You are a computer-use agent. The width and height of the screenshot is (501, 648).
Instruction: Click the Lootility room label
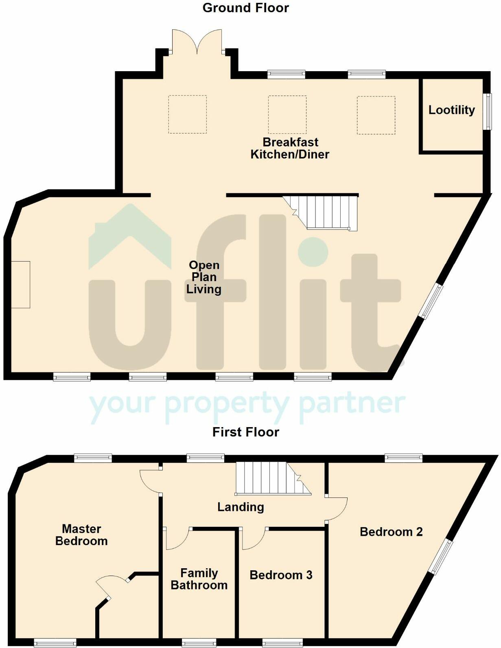coord(451,110)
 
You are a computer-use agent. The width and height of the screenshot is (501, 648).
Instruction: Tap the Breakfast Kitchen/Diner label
coord(290,148)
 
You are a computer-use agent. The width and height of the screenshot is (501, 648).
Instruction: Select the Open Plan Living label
coord(204,277)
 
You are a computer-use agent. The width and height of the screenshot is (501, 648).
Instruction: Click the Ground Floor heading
coord(245,8)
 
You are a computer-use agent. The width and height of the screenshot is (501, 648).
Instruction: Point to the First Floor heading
coord(245,432)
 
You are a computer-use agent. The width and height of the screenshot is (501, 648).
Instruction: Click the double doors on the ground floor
coord(197,42)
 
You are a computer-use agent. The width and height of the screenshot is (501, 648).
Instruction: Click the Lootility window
coord(487,112)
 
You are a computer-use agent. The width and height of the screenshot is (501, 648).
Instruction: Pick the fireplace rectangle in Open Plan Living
coord(20,284)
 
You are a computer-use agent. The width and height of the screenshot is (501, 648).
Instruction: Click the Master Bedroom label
coord(81,535)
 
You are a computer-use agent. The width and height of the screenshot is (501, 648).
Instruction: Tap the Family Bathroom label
coord(199,579)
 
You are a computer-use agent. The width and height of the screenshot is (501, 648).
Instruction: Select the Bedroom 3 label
coord(281,575)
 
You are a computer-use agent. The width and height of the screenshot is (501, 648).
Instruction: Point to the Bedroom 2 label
coord(391,532)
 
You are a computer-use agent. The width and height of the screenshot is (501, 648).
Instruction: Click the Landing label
coord(241,507)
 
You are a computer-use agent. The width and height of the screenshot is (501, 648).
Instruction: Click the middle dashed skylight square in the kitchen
coord(287,115)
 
